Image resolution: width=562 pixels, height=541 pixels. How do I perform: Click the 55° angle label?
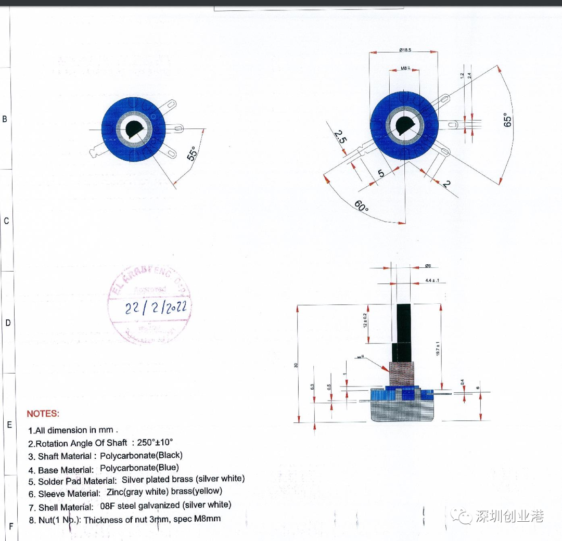click(192, 153)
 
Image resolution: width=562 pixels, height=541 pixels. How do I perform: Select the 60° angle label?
click(362, 206)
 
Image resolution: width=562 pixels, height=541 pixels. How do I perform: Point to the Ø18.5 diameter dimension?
click(405, 50)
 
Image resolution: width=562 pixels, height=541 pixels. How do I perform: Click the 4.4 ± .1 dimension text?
click(432, 280)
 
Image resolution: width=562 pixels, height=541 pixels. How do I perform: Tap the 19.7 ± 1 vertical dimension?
click(439, 349)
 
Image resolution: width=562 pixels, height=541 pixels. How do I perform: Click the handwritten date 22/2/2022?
click(156, 307)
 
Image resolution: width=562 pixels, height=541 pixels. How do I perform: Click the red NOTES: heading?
click(43, 414)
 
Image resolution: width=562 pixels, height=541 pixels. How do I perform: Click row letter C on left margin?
click(6, 221)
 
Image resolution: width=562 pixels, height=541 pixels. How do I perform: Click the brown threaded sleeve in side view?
click(401, 374)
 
